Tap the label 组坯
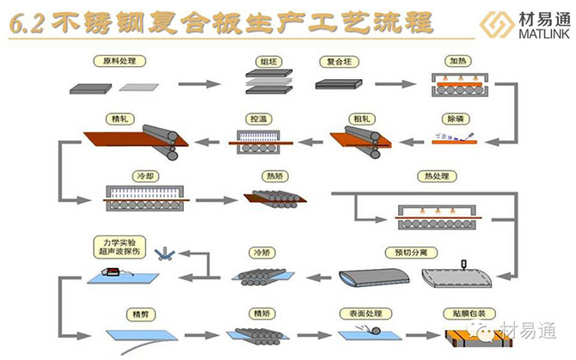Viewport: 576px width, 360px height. coord(266,61)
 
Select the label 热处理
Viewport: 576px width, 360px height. coord(436,176)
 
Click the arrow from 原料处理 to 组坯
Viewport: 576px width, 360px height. coord(197,84)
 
